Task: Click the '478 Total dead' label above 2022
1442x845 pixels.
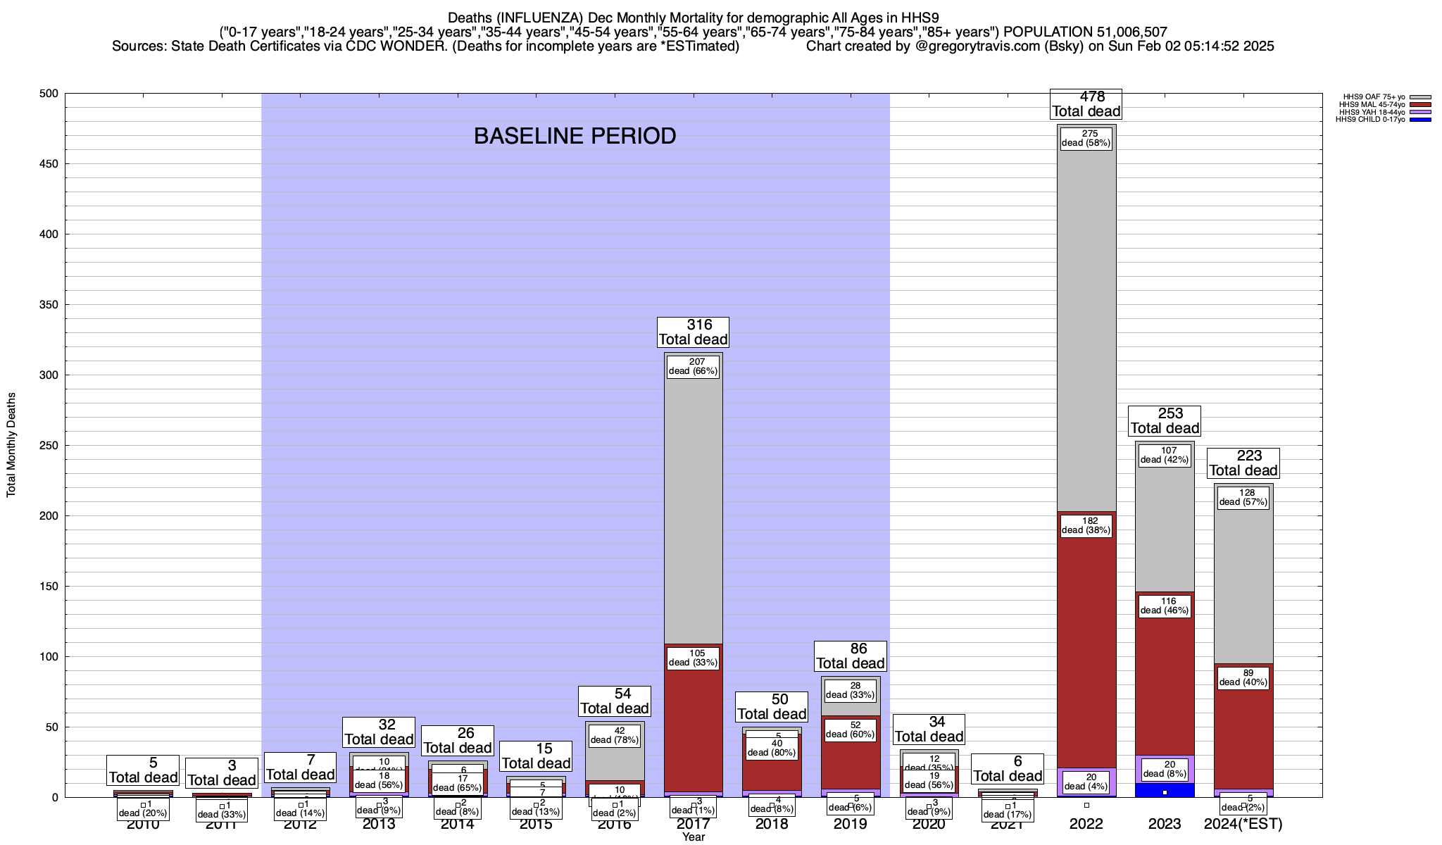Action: [x=1086, y=104]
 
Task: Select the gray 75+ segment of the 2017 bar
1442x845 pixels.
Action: [x=694, y=507]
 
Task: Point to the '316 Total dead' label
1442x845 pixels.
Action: [x=694, y=332]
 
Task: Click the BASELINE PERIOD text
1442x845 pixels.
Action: [x=575, y=136]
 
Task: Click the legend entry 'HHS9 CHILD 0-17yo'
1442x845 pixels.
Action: [x=1369, y=120]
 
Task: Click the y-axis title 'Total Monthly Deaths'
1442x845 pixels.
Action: [x=11, y=445]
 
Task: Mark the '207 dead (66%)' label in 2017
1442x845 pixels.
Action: [x=693, y=367]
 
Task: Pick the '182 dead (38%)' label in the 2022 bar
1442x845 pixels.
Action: [x=1086, y=526]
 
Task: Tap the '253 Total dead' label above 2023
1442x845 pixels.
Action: [x=1165, y=421]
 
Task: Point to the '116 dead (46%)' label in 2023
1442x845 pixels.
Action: [x=1165, y=606]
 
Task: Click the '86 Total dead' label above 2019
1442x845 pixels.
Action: [x=851, y=656]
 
